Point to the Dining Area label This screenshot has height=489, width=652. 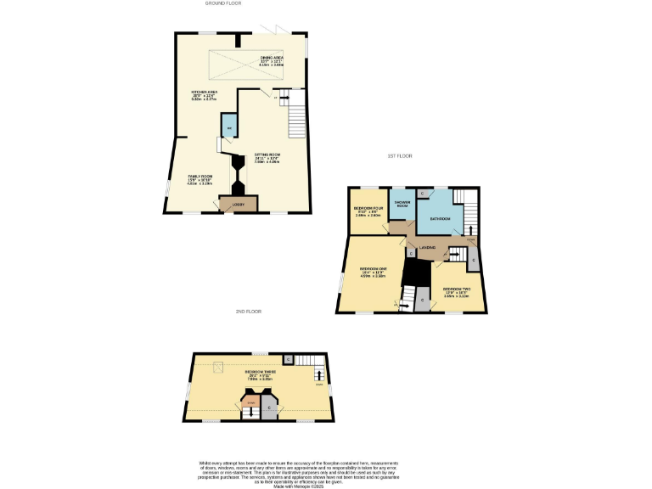click(x=272, y=59)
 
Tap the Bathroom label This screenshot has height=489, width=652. click(x=440, y=219)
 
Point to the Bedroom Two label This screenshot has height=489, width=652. click(x=456, y=289)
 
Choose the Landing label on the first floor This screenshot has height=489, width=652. click(x=426, y=247)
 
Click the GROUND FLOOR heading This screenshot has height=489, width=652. click(x=223, y=3)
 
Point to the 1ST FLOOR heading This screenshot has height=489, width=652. click(x=399, y=155)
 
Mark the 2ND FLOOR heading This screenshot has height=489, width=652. click(x=248, y=312)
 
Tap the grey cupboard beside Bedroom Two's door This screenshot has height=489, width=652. click(x=473, y=259)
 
